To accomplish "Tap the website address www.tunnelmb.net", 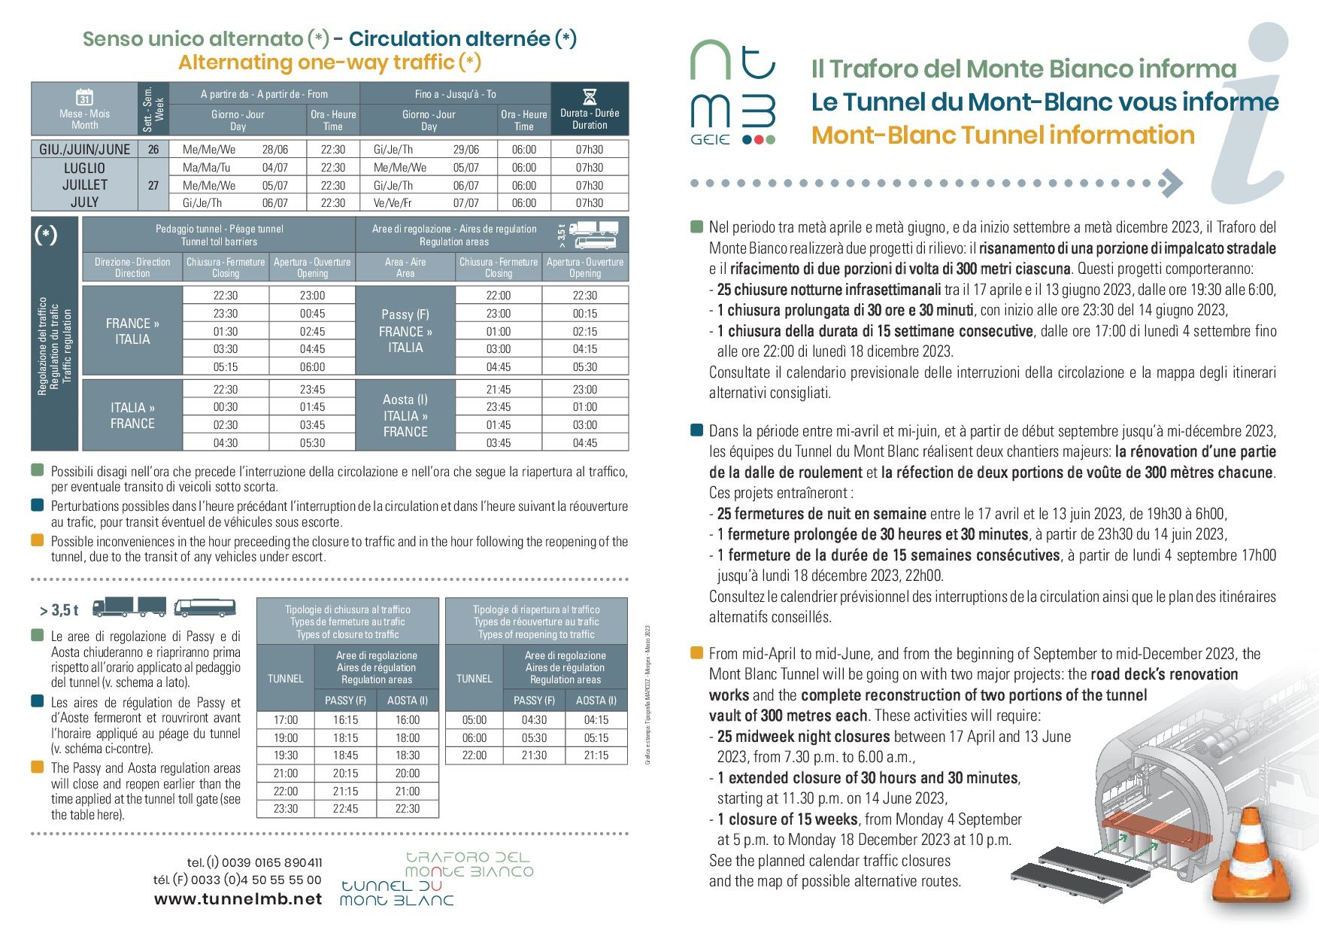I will (x=238, y=899).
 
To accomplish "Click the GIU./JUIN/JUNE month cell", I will (x=84, y=149).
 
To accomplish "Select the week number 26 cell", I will (x=153, y=149).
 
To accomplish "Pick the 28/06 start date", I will (x=275, y=149).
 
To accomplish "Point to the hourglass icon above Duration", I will (x=590, y=96).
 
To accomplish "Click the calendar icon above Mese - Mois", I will (x=84, y=97).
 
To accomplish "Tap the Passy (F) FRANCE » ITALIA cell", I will (x=405, y=331).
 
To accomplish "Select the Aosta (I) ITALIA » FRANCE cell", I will (x=405, y=415).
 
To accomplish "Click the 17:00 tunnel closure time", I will (x=286, y=720).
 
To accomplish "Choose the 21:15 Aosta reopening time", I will (x=596, y=755).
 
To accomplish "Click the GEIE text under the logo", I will (x=710, y=139).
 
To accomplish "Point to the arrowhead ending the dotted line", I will (x=1172, y=183).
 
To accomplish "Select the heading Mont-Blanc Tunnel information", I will (x=1002, y=135).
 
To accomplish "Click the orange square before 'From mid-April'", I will (x=696, y=652).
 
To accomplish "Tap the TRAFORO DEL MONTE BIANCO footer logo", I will (x=469, y=864).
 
